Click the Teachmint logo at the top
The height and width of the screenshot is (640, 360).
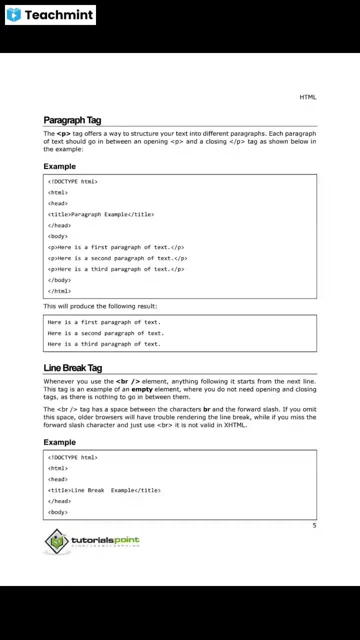pos(50,15)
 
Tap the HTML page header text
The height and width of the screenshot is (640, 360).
pos(307,97)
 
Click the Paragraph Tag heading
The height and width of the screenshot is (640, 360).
pos(72,120)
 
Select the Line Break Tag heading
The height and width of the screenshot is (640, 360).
pos(72,368)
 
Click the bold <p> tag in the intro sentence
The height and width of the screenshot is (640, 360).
pos(63,133)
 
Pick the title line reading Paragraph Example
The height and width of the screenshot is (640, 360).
pos(101,214)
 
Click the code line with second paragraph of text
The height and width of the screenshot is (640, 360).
pos(117,258)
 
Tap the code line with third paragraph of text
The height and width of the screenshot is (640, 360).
pos(116,269)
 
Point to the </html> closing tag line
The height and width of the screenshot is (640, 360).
pos(59,291)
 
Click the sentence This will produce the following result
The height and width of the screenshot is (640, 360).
pos(100,306)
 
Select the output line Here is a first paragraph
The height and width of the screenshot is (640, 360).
pos(104,322)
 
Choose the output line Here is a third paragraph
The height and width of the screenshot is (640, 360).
pos(104,344)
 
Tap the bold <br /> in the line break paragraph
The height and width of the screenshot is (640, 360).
pos(128,381)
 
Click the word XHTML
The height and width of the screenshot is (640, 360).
pos(235,425)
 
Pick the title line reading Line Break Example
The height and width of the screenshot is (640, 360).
pos(104,490)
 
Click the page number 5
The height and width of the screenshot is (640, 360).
pos(314,525)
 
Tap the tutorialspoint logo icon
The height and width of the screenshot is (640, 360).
pos(56,541)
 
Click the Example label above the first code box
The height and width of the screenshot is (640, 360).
pos(59,166)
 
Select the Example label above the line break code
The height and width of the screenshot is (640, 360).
pos(59,442)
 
